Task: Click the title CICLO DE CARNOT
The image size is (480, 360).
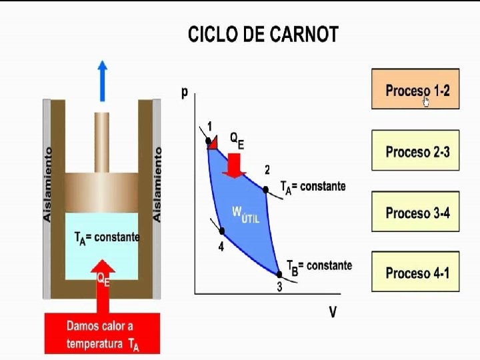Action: (x=263, y=35)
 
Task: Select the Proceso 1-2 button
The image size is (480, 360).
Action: (x=415, y=89)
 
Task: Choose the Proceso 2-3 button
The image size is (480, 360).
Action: (x=415, y=151)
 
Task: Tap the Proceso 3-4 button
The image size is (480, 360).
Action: (x=415, y=213)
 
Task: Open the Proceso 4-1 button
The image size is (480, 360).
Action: (x=415, y=273)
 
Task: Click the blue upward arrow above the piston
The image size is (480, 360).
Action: (x=102, y=79)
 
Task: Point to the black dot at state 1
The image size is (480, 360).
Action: (x=209, y=140)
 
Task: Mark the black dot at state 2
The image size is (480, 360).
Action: (x=265, y=190)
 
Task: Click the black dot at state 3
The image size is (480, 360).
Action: (x=279, y=273)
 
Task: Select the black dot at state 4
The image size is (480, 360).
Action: (x=222, y=231)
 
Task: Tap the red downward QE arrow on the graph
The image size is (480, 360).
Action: (x=235, y=164)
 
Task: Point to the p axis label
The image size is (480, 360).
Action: (x=185, y=93)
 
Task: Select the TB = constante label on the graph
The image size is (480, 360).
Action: (x=319, y=267)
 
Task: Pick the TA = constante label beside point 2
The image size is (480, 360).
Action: (x=313, y=187)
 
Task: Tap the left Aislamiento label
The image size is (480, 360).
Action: (x=47, y=185)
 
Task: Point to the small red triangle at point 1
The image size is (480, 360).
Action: (x=213, y=141)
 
